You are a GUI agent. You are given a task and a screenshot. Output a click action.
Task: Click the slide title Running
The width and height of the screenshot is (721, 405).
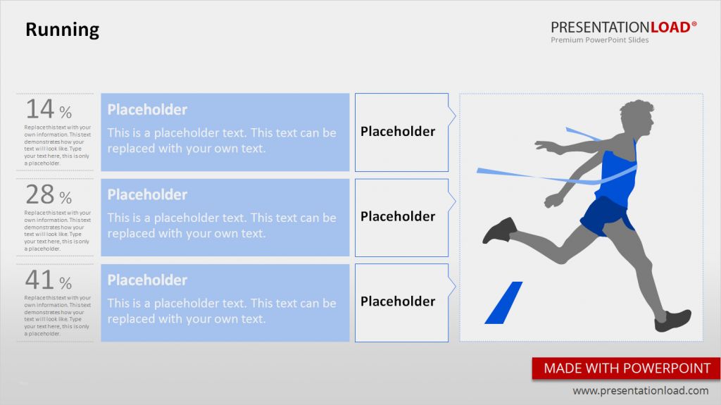click(x=62, y=30)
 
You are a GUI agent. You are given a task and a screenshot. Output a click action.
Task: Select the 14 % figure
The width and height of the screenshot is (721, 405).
click(x=49, y=109)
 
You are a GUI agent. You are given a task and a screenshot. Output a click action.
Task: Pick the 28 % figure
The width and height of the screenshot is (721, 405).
click(x=49, y=194)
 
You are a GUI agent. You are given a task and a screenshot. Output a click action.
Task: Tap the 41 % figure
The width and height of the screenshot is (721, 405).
click(x=49, y=280)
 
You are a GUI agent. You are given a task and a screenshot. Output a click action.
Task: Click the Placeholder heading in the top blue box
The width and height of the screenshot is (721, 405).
click(x=147, y=110)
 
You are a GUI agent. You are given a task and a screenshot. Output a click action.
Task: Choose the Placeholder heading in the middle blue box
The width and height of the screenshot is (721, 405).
click(x=147, y=195)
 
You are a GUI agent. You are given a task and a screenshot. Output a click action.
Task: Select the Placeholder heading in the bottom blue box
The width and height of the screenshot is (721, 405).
click(x=147, y=280)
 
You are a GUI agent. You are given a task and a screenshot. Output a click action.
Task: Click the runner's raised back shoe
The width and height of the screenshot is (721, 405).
click(x=499, y=230)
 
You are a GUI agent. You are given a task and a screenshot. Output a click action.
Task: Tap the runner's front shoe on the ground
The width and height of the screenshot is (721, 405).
click(x=672, y=320)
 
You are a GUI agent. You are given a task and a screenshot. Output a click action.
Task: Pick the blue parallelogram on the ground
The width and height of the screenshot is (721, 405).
click(x=503, y=303)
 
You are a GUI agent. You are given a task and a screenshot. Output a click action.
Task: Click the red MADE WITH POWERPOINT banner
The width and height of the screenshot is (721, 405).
click(x=627, y=368)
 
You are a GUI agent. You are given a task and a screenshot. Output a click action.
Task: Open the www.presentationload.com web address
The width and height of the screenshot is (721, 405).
click(x=640, y=391)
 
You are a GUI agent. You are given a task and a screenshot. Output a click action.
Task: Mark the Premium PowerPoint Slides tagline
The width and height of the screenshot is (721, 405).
click(x=599, y=40)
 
